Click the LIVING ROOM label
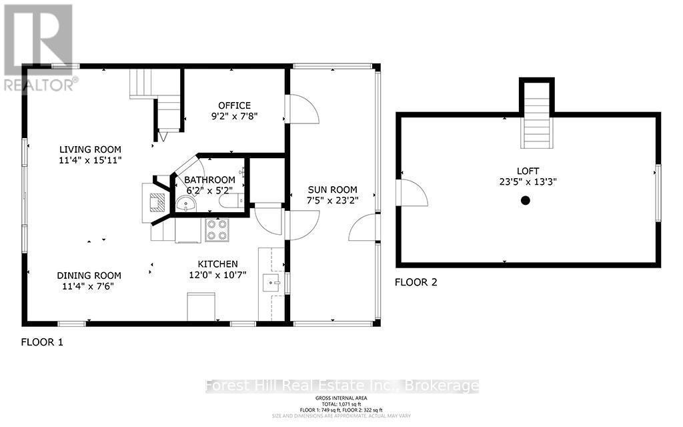89,149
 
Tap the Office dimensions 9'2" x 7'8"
234,116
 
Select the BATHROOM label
209,180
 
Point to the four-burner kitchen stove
216,230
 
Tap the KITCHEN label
217,264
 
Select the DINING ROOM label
89,276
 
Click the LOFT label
527,171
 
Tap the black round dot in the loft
526,200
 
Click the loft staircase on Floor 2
537,123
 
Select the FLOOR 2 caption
416,282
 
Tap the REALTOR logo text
39,84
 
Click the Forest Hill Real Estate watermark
341,386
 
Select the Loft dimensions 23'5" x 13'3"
527,182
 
